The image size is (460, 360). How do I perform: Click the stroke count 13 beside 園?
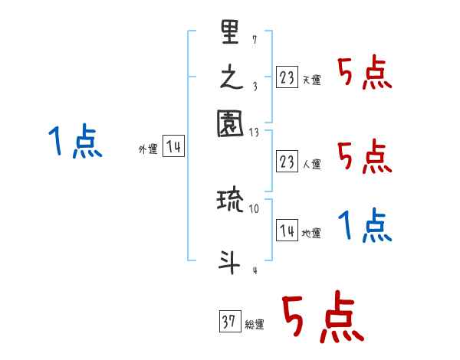(255, 132)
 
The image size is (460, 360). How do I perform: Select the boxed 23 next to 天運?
(287, 77)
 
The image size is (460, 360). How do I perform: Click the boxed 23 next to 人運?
(287, 162)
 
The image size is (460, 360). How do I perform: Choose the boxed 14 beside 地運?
(287, 231)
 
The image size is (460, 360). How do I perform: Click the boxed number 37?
(229, 322)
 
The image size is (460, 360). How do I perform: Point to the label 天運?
(311, 80)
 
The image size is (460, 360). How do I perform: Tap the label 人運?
(311, 164)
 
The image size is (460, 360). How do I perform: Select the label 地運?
(311, 233)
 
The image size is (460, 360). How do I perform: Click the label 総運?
(255, 325)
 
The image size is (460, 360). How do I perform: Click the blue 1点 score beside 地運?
(364, 226)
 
